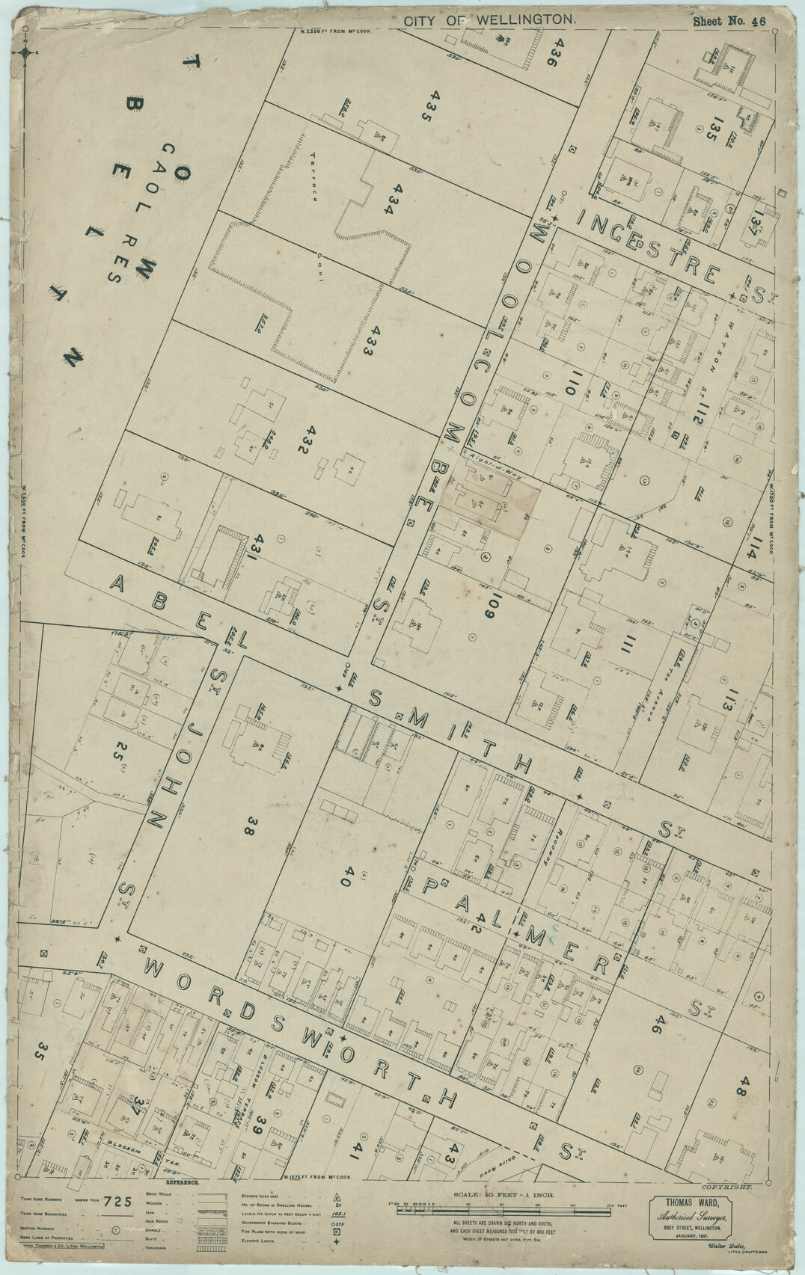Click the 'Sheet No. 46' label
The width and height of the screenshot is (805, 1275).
point(729,22)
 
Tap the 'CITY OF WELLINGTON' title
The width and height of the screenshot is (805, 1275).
point(490,22)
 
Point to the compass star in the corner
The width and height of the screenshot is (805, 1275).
point(28,52)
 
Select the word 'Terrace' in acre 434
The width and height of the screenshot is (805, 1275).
point(313,176)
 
